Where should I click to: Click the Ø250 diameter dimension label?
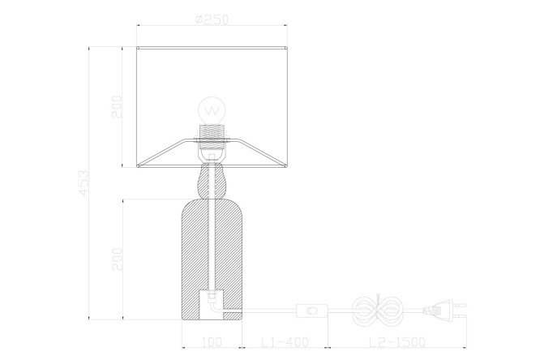(x=212, y=19)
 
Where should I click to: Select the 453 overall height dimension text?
(x=84, y=182)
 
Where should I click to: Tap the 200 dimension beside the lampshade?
(x=117, y=107)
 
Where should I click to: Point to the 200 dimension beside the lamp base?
(x=117, y=259)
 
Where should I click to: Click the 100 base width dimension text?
(x=212, y=342)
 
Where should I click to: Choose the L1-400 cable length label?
(x=285, y=342)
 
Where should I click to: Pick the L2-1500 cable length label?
(x=397, y=342)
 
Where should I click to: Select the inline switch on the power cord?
(x=312, y=311)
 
